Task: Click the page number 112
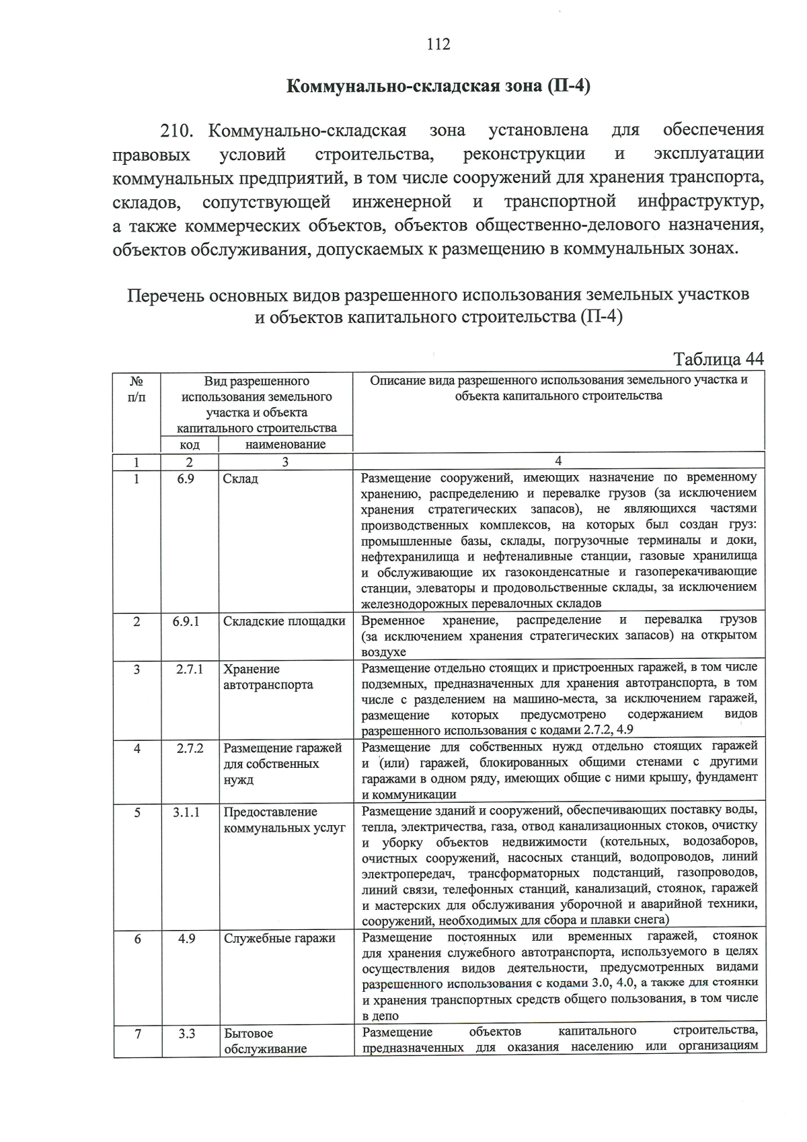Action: point(438,45)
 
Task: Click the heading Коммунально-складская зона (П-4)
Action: point(438,87)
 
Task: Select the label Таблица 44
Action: point(718,359)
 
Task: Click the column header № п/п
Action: point(137,389)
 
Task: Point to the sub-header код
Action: point(190,445)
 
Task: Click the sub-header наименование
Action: point(285,445)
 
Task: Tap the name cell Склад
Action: point(241,479)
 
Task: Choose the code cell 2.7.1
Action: point(190,670)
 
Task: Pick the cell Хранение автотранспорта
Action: point(268,678)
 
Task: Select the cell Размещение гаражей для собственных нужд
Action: point(282,764)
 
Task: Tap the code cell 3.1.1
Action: point(186,812)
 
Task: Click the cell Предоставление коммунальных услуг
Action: point(284,820)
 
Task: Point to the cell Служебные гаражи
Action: point(279,938)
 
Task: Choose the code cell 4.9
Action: point(187,938)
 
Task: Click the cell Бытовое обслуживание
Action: point(265,1040)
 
